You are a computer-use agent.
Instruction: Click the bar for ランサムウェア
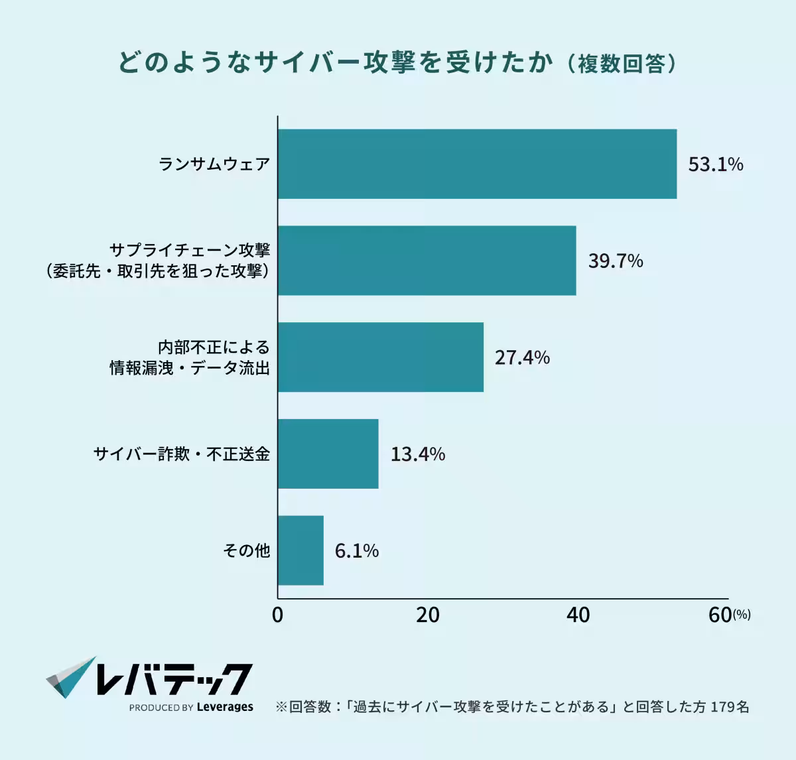[x=477, y=164]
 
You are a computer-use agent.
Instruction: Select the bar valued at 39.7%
[x=427, y=261]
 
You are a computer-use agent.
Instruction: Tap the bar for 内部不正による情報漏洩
[x=380, y=357]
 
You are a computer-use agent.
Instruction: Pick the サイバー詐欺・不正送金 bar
[x=328, y=454]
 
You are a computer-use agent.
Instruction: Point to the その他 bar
[x=300, y=550]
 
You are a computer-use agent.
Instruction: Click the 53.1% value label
[x=715, y=164]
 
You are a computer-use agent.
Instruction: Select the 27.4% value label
[x=522, y=358]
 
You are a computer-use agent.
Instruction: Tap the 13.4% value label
[x=417, y=454]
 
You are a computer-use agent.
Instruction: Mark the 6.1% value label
[x=356, y=551]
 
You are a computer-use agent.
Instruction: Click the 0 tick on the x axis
[x=277, y=615]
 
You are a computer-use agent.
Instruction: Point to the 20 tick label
[x=428, y=615]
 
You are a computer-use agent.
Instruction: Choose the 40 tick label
[x=578, y=615]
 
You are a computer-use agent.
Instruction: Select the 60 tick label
[x=720, y=615]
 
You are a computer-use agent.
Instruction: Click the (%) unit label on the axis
[x=742, y=615]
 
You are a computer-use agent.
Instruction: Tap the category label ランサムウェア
[x=214, y=164]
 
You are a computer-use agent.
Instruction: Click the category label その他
[x=246, y=550]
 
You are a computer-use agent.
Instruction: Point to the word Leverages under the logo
[x=225, y=707]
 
